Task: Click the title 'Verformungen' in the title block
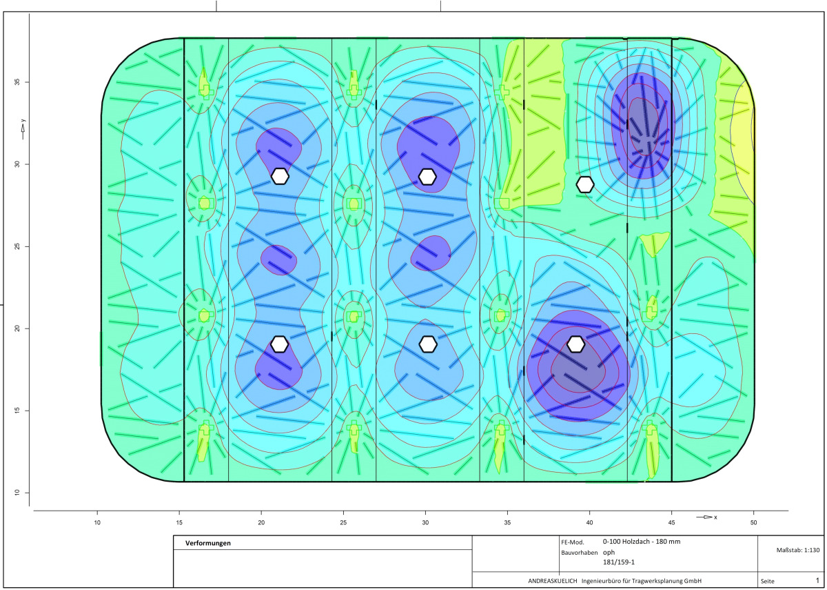[x=208, y=543]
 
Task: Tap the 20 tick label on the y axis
[x=17, y=328]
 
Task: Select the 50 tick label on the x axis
[x=753, y=522]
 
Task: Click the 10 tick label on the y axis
[x=17, y=493]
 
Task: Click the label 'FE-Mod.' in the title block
[x=573, y=542]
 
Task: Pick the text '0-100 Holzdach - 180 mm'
[x=642, y=542]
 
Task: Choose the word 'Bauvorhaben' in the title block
[x=580, y=553]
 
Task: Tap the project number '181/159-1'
[x=619, y=562]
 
